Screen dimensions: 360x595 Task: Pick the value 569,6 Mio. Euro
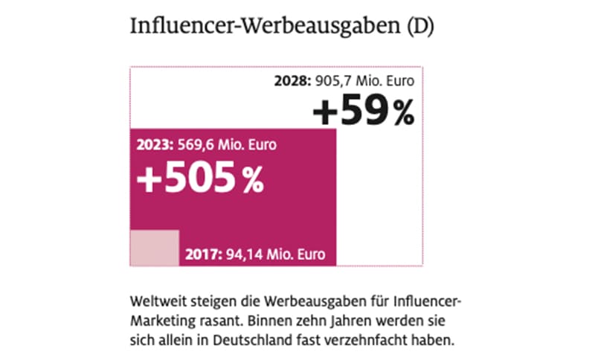click(228, 146)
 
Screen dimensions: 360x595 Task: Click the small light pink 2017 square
click(155, 248)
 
